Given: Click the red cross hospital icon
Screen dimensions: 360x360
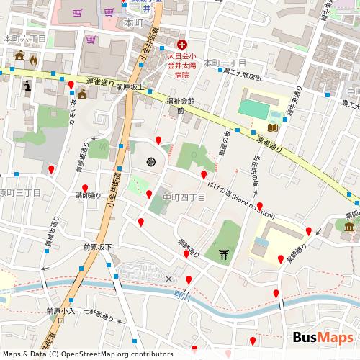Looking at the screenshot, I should (181, 43).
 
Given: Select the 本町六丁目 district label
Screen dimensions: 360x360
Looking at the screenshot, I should (24, 38).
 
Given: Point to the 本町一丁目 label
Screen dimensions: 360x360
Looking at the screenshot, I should (225, 63).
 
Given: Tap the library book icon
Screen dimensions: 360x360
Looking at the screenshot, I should (272, 128).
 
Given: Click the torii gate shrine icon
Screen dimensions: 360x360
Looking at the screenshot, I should (223, 253).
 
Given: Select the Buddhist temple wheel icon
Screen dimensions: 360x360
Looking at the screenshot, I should (152, 161).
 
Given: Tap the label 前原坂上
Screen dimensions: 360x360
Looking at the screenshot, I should (130, 87).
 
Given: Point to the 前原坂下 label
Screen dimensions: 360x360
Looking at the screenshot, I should (97, 247).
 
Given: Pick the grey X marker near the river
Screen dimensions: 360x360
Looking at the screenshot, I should (169, 279).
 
